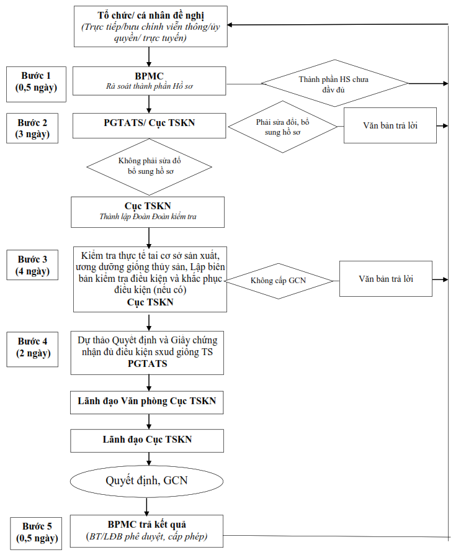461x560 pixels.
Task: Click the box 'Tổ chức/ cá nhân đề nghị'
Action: point(151,26)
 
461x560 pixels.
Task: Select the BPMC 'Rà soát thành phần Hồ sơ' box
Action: point(149,81)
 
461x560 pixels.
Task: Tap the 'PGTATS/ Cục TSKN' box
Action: point(149,125)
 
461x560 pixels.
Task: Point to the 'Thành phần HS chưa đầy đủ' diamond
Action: point(334,83)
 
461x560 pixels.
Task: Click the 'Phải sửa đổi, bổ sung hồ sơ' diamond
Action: point(282,127)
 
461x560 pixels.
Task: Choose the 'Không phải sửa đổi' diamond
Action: point(149,167)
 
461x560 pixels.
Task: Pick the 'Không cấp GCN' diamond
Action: point(279,281)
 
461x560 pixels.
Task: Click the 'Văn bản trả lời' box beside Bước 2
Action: point(390,125)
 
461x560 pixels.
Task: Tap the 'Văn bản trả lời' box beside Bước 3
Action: point(386,279)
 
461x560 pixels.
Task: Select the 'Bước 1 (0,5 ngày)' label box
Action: point(36,84)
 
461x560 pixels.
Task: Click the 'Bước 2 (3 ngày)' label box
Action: point(32,129)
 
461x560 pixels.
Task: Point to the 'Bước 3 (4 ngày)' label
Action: point(32,264)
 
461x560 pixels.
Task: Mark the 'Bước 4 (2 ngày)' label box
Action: point(32,349)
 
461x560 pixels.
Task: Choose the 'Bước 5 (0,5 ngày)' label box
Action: point(36,533)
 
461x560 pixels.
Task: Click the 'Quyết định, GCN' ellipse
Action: point(146,481)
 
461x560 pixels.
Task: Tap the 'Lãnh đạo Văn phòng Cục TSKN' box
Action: point(146,402)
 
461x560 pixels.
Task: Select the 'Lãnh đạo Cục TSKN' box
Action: point(147,441)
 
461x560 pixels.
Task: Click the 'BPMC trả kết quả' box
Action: point(146,531)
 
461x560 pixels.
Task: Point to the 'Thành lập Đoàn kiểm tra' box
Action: point(148,212)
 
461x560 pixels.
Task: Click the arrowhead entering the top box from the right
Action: point(230,25)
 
